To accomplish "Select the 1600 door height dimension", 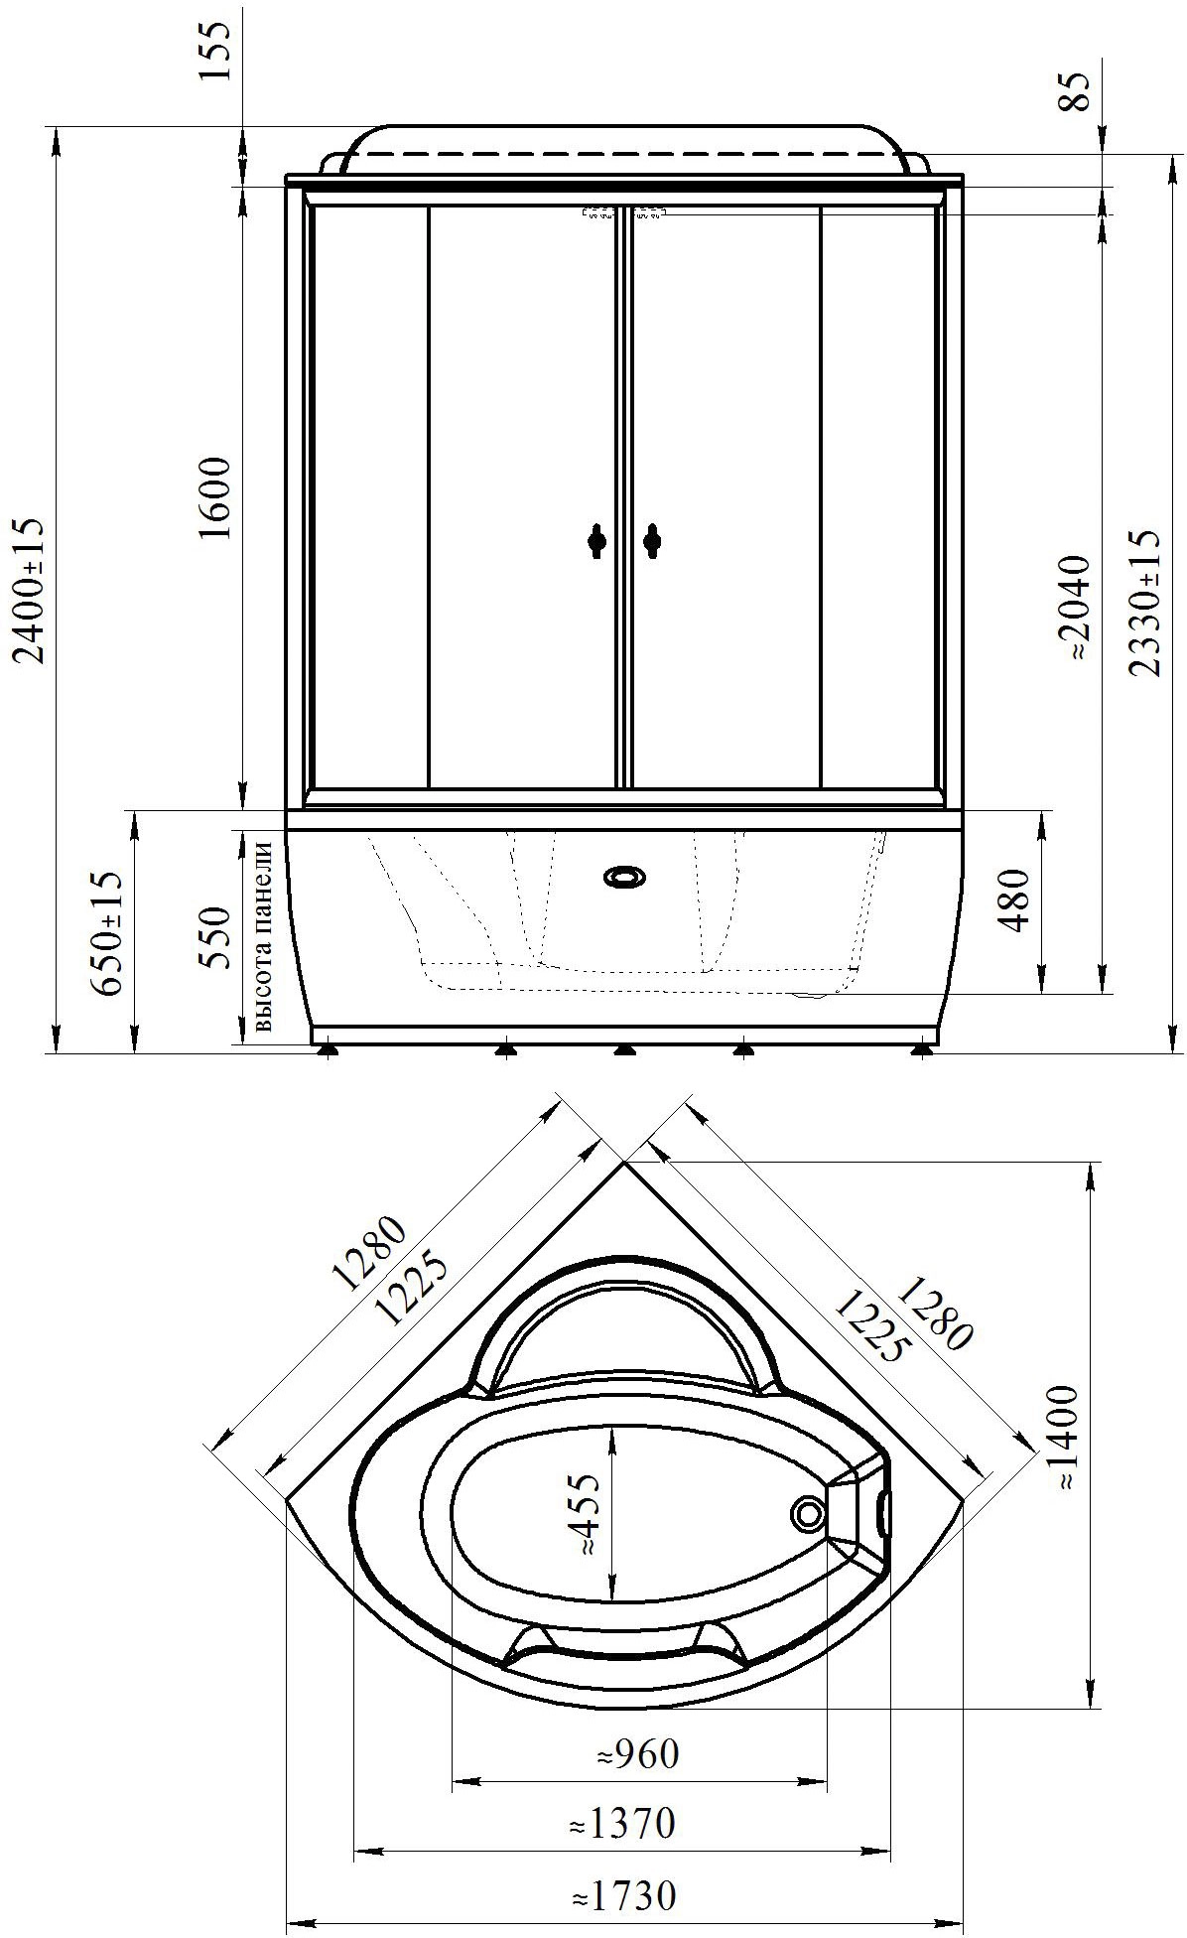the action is [x=215, y=496].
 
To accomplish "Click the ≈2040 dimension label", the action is [x=1076, y=608].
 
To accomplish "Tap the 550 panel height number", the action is [x=215, y=937].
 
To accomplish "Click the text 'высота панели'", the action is [x=263, y=937].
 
